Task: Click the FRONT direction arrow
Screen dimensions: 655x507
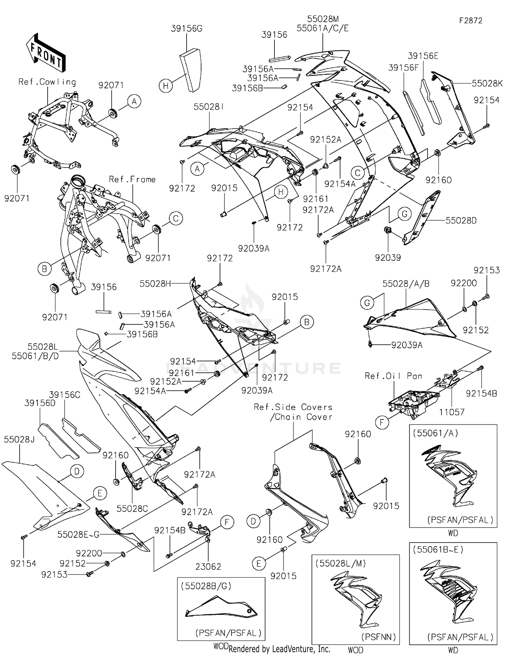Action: point(46,53)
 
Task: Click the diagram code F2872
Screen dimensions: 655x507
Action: point(470,21)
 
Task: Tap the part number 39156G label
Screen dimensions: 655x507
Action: point(187,29)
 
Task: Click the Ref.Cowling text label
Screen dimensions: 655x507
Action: point(47,82)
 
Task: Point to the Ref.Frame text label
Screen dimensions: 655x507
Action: point(132,179)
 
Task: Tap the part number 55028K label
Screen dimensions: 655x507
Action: point(487,83)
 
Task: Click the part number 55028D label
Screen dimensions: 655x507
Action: point(461,221)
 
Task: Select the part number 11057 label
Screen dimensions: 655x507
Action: point(452,412)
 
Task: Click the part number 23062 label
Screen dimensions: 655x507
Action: point(208,567)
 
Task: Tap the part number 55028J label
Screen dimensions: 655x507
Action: point(19,439)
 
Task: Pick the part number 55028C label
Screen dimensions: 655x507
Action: point(132,508)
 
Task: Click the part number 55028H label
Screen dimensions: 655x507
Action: point(155,284)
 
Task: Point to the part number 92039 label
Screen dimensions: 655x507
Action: point(388,258)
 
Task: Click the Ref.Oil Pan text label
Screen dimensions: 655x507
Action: point(393,376)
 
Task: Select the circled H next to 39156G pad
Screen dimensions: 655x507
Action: point(166,86)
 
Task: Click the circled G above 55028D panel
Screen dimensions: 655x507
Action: point(404,214)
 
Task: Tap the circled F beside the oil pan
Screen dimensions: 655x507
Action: point(382,422)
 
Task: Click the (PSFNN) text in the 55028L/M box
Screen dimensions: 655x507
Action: point(379,637)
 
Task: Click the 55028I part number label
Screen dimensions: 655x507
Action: point(209,107)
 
